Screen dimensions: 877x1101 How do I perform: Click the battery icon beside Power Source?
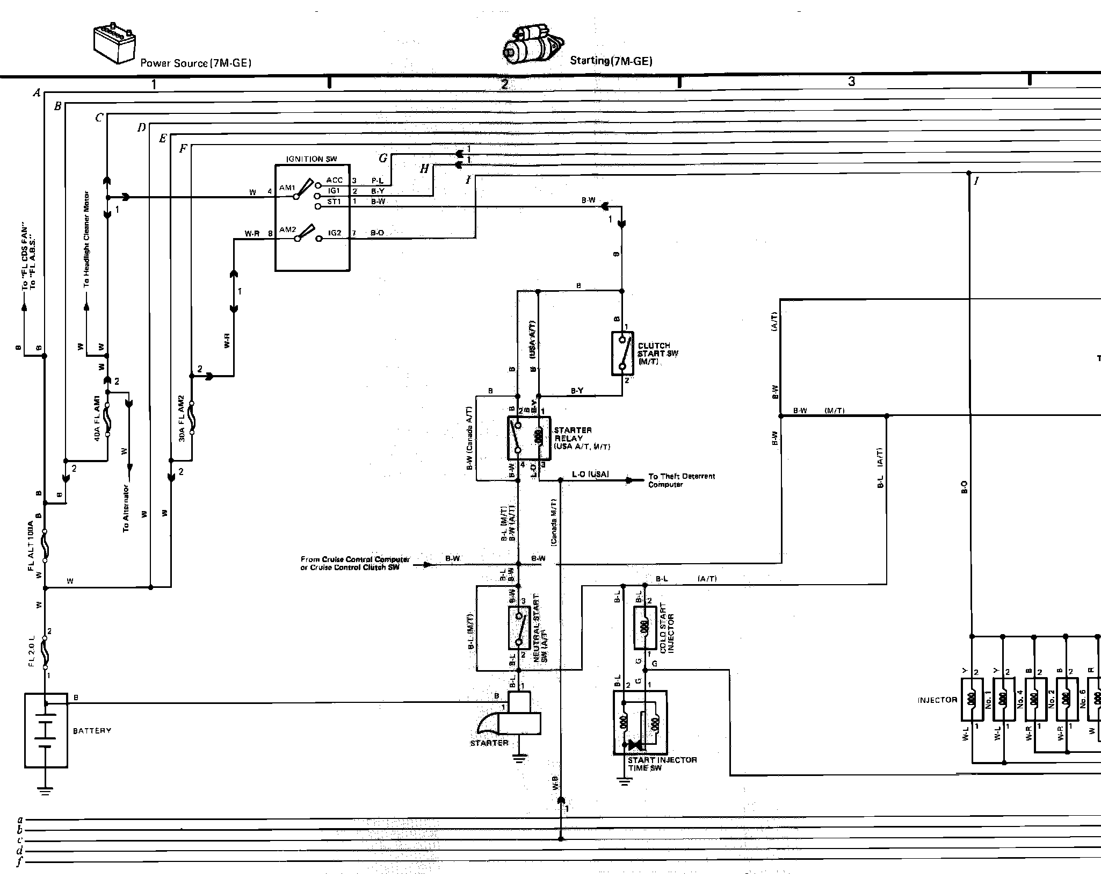pyautogui.click(x=114, y=44)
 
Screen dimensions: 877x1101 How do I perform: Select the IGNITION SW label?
pyautogui.click(x=312, y=159)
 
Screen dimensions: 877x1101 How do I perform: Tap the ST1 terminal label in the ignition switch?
pyautogui.click(x=334, y=202)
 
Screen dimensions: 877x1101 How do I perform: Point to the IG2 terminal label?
pyautogui.click(x=335, y=233)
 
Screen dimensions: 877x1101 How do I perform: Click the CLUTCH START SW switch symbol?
pyautogui.click(x=622, y=353)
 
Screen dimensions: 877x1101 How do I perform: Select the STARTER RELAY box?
pyautogui.click(x=528, y=437)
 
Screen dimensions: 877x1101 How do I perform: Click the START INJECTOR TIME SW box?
pyautogui.click(x=640, y=722)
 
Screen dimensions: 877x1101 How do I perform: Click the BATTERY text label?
pyautogui.click(x=92, y=731)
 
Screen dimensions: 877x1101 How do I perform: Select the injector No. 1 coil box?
pyautogui.click(x=971, y=699)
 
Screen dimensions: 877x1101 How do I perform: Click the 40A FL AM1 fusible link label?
pyautogui.click(x=97, y=419)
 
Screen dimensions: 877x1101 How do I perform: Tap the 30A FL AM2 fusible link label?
pyautogui.click(x=182, y=419)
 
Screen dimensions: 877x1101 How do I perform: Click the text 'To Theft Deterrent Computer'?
pyautogui.click(x=681, y=480)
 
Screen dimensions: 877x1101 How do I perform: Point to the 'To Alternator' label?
pyautogui.click(x=126, y=508)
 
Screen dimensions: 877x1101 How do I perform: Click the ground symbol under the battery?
pyautogui.click(x=45, y=790)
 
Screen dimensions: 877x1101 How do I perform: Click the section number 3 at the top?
pyautogui.click(x=851, y=82)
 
